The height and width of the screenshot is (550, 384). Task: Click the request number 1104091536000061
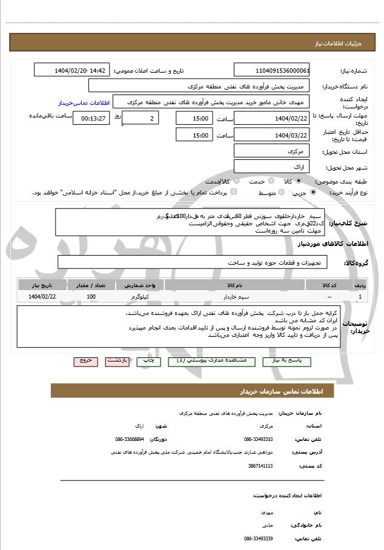point(271,70)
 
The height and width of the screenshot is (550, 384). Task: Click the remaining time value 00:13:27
point(93,119)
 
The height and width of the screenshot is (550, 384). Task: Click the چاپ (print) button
point(148,360)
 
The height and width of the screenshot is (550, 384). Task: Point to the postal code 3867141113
point(260,466)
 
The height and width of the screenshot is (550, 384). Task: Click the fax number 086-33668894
point(130,439)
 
